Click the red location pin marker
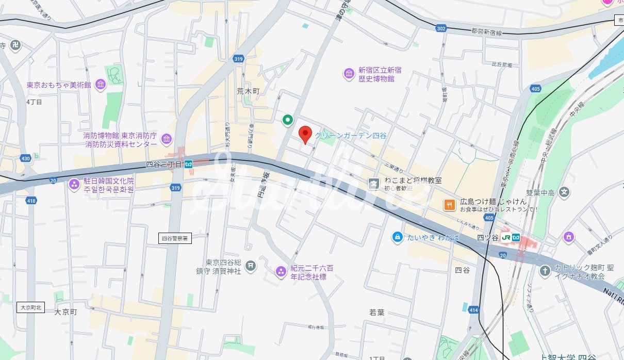click(x=305, y=134)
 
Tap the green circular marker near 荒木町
click(x=288, y=120)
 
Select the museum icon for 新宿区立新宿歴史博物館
click(x=349, y=74)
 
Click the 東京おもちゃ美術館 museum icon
click(x=101, y=85)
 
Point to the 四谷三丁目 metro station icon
click(x=189, y=164)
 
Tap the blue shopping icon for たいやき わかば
click(x=397, y=237)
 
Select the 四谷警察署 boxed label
click(x=176, y=238)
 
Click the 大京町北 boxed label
click(x=31, y=307)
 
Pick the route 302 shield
click(x=440, y=29)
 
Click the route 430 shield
click(x=26, y=158)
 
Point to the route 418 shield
click(x=32, y=200)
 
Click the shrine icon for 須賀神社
click(x=250, y=266)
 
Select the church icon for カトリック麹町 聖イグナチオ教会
click(x=545, y=271)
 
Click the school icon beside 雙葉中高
click(x=565, y=192)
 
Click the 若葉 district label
click(x=377, y=312)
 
